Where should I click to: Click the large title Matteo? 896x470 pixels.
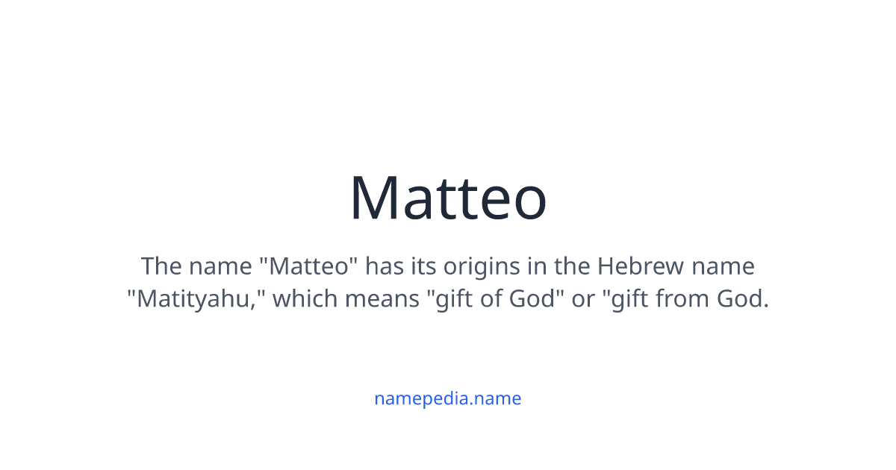[448, 198]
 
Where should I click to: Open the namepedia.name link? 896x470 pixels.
[448, 398]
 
